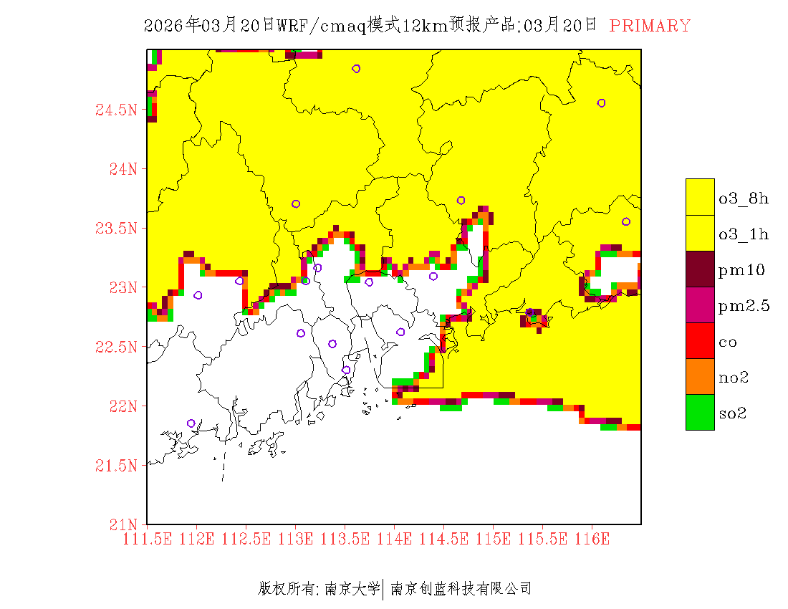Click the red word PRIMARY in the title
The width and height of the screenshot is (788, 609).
[x=650, y=26]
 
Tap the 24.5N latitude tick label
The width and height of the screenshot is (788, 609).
[x=115, y=110]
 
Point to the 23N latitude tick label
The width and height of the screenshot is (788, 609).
[x=121, y=288]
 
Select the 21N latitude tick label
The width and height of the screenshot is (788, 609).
[x=121, y=524]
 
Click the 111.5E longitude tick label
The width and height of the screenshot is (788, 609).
[x=148, y=539]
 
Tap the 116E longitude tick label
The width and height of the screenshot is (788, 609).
[x=592, y=539]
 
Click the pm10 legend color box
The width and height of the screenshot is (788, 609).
[x=700, y=269]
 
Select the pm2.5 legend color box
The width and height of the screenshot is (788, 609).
[x=700, y=305]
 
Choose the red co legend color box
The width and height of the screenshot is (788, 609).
[x=700, y=341]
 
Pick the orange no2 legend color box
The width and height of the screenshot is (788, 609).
[x=700, y=377]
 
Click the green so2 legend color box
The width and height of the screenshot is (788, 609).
[x=700, y=413]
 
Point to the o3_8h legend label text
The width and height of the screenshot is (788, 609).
[x=744, y=198]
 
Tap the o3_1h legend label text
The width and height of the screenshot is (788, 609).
[x=744, y=234]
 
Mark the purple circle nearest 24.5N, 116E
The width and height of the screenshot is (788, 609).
[x=602, y=103]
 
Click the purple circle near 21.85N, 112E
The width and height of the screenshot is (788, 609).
[x=191, y=423]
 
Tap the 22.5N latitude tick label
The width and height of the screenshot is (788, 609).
[x=115, y=347]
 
